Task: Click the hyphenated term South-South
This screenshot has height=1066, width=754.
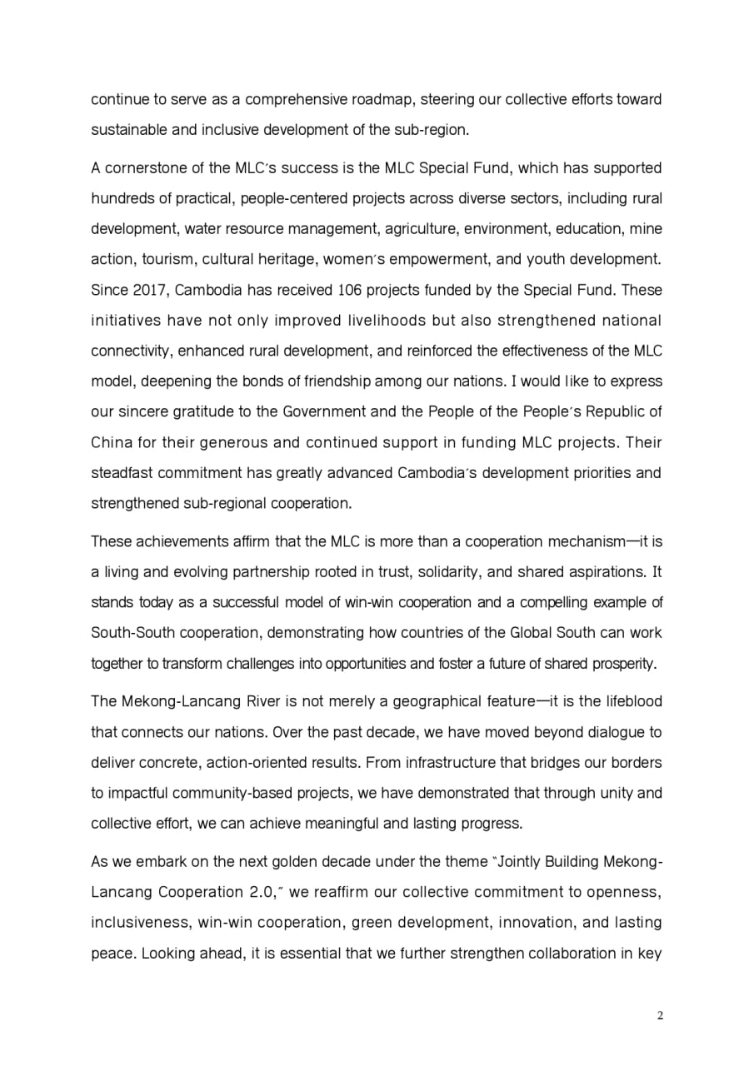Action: click(x=127, y=632)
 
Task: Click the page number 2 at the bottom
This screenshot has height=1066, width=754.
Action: click(x=659, y=1015)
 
